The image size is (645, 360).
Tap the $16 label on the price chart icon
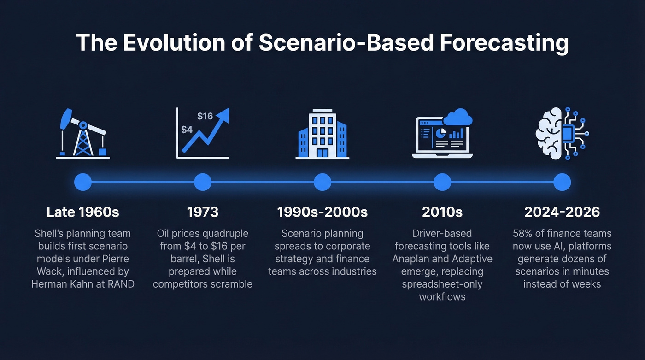coord(205,116)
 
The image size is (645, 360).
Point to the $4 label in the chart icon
coord(187,130)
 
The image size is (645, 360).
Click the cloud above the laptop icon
coord(457,117)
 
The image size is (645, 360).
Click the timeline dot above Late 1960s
coord(83,182)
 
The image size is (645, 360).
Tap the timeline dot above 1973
coord(203,182)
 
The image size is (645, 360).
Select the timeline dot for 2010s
coord(442,182)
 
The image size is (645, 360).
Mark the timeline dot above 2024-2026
coord(562,182)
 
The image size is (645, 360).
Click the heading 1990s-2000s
coord(322,212)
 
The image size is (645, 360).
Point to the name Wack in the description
coord(48,271)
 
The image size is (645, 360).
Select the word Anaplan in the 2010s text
coord(411,259)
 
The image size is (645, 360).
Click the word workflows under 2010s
coord(442,296)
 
